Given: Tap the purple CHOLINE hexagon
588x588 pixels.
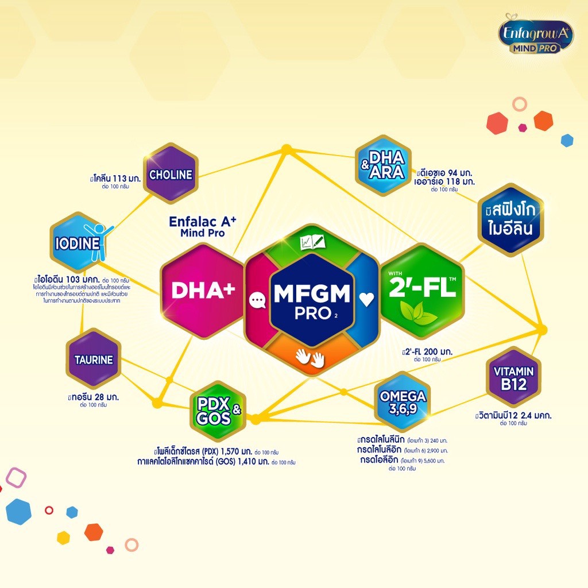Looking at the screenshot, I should point(171,175).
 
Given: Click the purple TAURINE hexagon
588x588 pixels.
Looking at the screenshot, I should point(93,360).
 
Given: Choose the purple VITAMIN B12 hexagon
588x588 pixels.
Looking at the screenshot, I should point(513,377).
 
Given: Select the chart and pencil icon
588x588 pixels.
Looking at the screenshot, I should point(312,242).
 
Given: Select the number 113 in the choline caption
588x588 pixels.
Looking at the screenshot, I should point(119,178).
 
